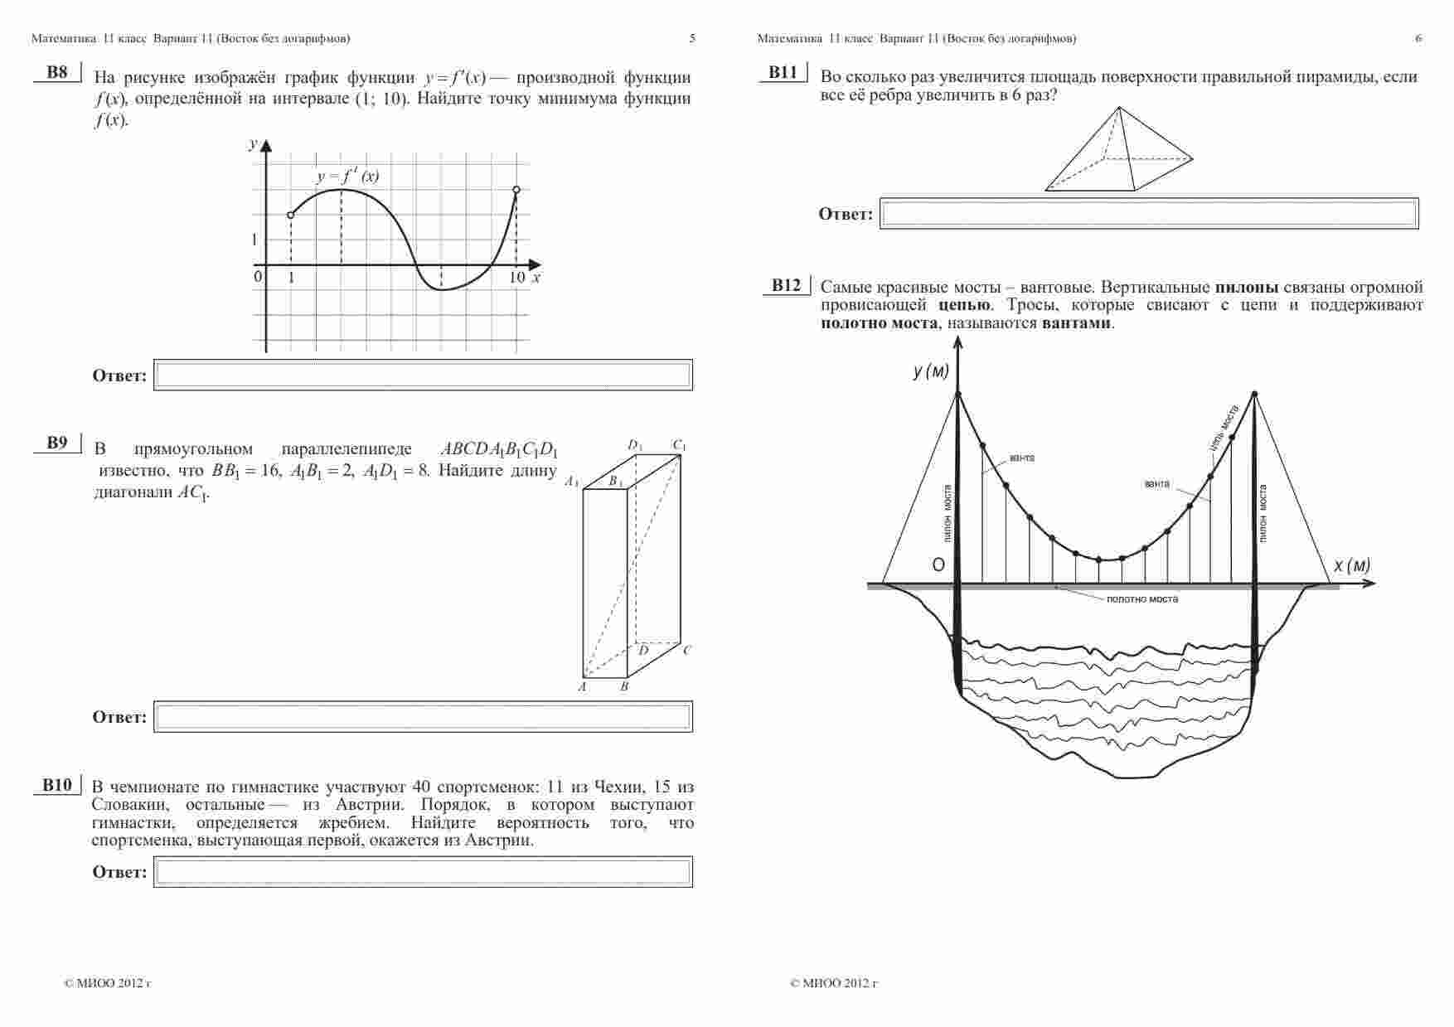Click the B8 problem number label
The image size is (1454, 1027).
57,72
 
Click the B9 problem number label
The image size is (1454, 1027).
57,443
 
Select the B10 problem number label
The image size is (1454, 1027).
57,785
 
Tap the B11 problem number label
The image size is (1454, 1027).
783,72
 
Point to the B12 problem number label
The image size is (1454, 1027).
786,286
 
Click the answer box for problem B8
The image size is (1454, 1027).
423,375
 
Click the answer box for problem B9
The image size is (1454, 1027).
423,717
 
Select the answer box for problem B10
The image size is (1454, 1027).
423,872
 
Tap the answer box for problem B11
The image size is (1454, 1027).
1149,214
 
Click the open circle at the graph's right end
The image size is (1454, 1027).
516,190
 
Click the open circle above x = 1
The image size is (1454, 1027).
290,215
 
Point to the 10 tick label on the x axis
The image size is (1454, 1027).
516,278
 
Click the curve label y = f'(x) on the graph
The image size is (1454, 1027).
348,176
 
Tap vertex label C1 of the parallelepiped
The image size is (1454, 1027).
679,446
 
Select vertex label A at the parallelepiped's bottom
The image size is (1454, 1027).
582,687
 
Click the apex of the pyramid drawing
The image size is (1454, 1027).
1119,107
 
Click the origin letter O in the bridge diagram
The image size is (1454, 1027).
938,565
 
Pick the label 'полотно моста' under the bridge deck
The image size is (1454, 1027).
1141,598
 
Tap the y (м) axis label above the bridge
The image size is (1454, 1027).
931,371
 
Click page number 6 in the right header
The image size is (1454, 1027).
1418,38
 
